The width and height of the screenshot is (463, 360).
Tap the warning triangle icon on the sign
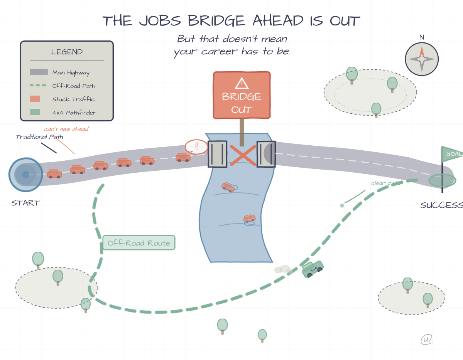tap(242, 83)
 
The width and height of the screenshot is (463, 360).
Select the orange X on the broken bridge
tap(243, 155)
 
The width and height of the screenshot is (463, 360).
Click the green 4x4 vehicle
tap(313, 269)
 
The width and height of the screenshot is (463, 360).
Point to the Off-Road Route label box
tap(139, 243)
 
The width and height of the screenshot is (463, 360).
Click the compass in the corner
tap(422, 59)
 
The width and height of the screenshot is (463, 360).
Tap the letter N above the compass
tap(422, 37)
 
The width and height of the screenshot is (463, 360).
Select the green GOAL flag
tap(452, 154)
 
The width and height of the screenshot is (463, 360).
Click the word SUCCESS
tap(441, 205)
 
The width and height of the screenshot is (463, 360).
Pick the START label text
tap(25, 203)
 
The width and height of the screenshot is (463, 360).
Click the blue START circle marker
tap(26, 175)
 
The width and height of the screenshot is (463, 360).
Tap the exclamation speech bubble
tap(196, 146)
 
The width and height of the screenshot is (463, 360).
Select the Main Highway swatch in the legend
tap(39, 72)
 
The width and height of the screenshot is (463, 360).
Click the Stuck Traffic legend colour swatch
tap(35, 99)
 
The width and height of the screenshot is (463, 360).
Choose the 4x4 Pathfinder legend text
tap(74, 113)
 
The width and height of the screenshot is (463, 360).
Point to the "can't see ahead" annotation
tap(66, 129)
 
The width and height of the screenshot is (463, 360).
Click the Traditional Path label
tap(39, 137)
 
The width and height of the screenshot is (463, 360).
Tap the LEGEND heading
tap(67, 52)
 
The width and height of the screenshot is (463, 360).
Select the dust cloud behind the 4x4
tap(282, 269)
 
